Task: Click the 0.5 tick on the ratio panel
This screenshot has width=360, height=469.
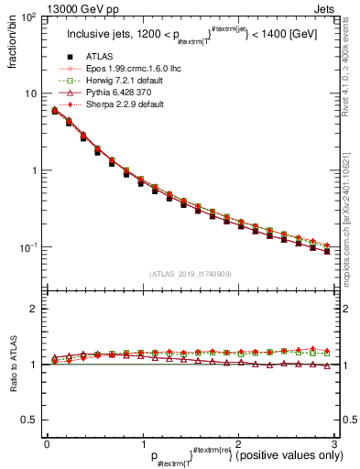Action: (x=28, y=420)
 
